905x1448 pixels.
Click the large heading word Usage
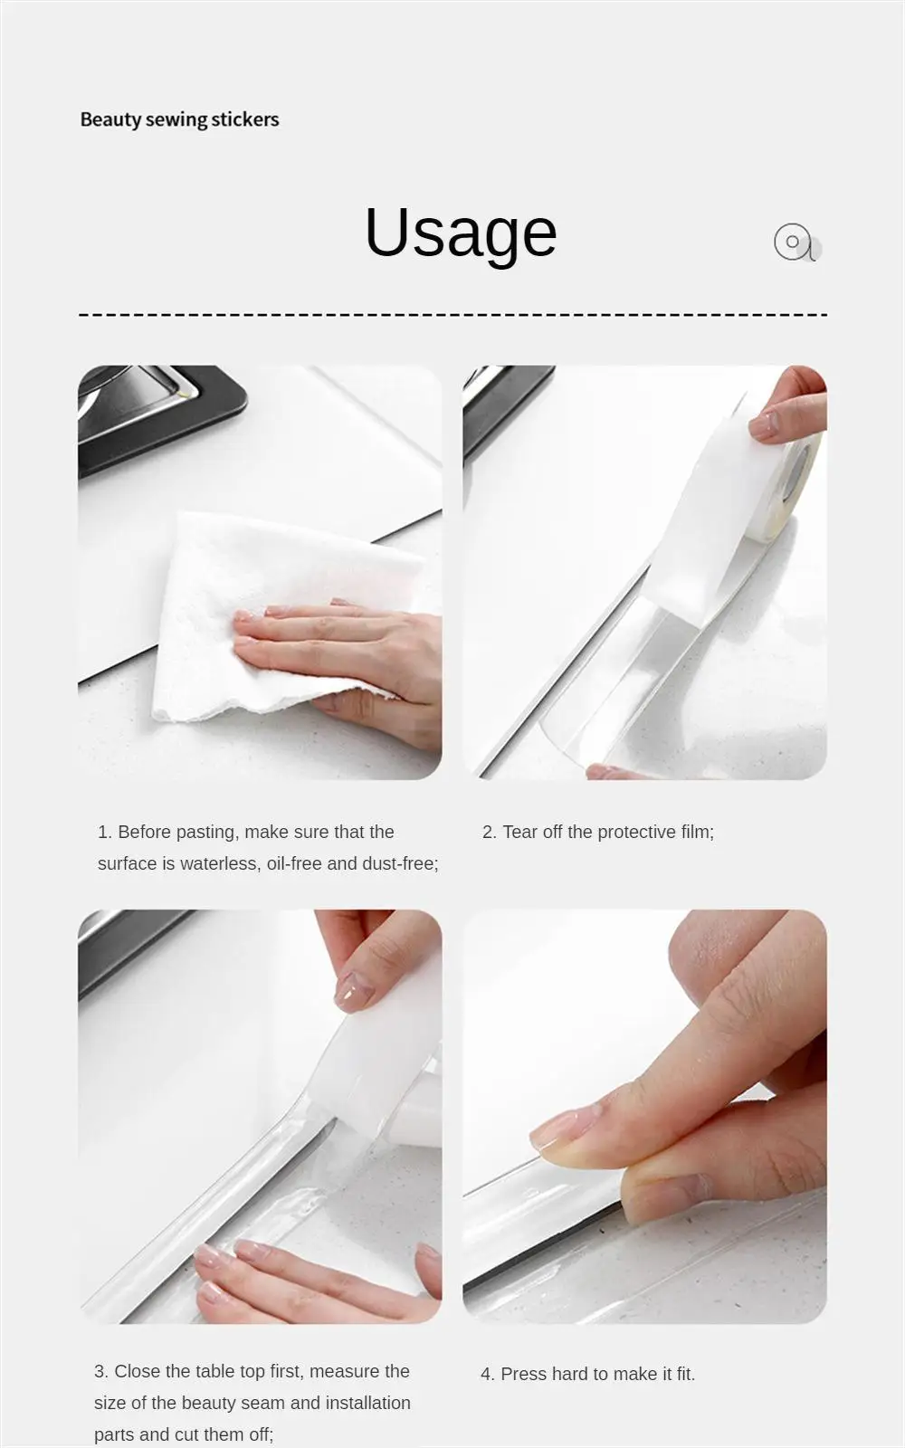(460, 233)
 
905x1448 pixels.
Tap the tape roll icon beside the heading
(795, 243)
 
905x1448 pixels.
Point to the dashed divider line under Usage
(452, 315)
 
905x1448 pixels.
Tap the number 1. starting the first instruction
(105, 832)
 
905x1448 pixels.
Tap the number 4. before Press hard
(488, 1374)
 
